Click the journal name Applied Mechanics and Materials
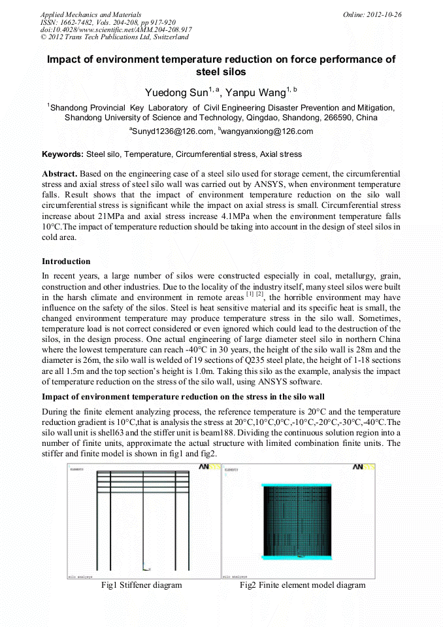click(x=91, y=14)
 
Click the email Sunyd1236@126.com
click(x=172, y=131)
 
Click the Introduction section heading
click(x=66, y=262)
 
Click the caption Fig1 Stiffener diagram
click(x=141, y=585)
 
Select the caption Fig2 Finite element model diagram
click(x=303, y=585)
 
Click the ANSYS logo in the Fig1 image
click(x=209, y=467)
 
